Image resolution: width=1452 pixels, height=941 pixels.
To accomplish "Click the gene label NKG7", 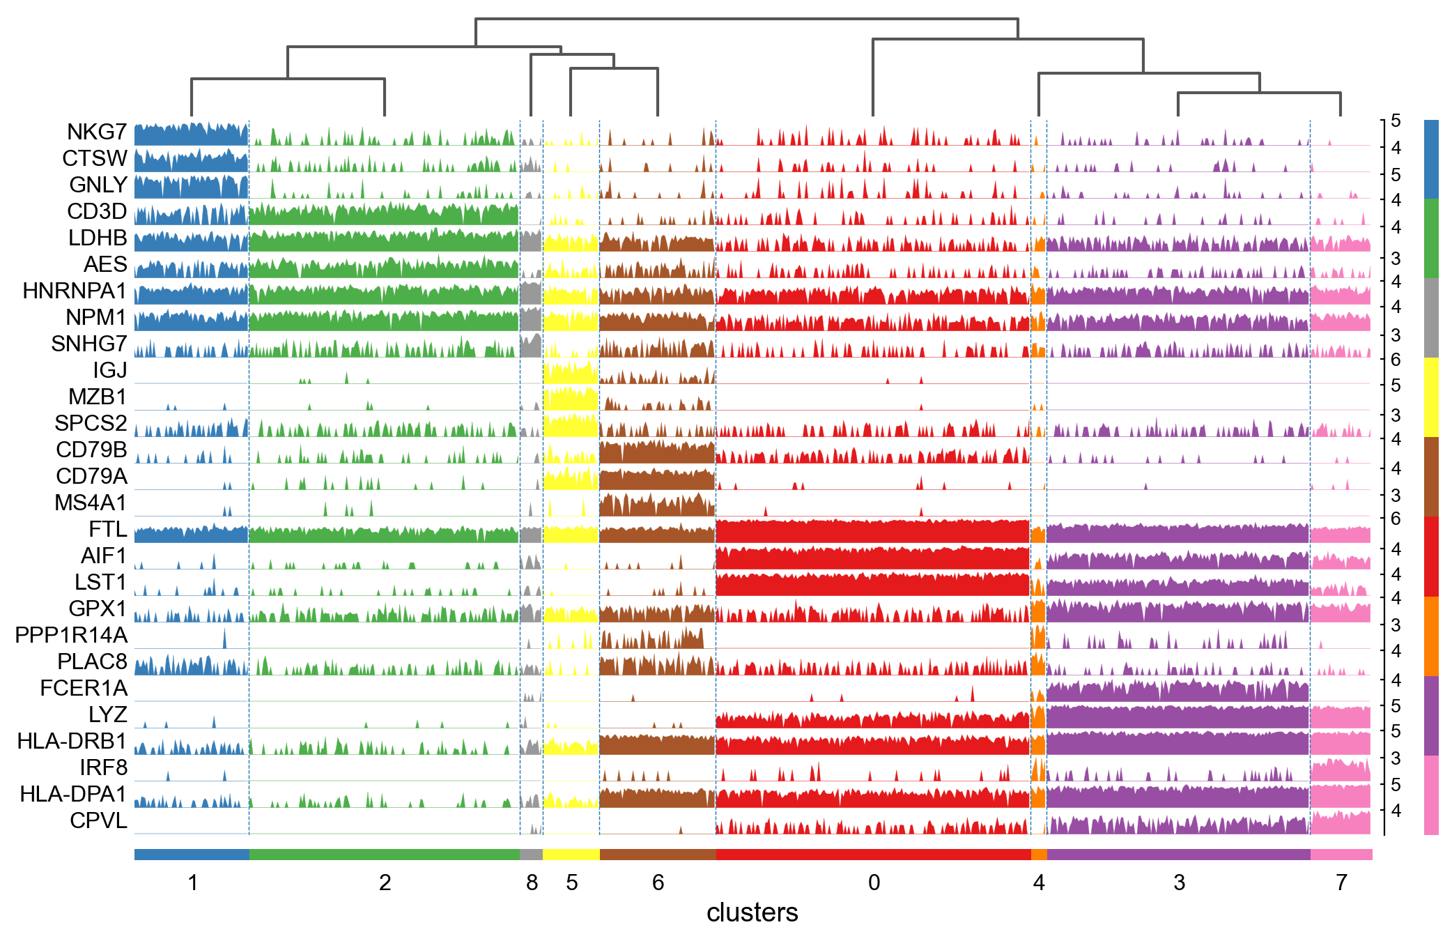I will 97,132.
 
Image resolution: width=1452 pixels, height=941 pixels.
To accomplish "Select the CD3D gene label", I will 97,211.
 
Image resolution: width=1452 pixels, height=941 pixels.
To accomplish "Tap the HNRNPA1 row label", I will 75,291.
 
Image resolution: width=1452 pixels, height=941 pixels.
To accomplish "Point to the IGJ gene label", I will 110,370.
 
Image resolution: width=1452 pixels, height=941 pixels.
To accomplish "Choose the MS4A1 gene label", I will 91,503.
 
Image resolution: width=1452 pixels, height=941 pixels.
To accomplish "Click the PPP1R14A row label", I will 71,635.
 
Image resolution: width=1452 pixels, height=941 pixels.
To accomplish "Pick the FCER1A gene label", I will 84,688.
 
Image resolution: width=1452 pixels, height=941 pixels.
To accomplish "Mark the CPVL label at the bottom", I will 98,820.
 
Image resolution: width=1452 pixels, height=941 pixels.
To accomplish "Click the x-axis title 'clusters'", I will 752,912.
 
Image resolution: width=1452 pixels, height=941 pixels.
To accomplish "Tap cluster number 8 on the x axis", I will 532,883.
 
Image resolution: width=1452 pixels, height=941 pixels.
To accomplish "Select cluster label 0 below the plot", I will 874,883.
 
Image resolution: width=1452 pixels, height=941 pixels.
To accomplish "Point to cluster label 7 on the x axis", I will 1341,883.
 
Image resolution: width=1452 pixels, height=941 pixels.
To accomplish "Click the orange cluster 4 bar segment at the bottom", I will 1039,855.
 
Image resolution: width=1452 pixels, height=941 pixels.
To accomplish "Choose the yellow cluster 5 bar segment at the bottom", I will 571,855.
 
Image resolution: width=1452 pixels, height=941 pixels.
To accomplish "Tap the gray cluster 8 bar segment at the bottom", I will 531,855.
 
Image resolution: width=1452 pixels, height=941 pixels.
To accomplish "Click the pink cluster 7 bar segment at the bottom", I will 1341,855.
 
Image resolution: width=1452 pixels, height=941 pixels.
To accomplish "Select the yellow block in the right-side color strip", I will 1431,397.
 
